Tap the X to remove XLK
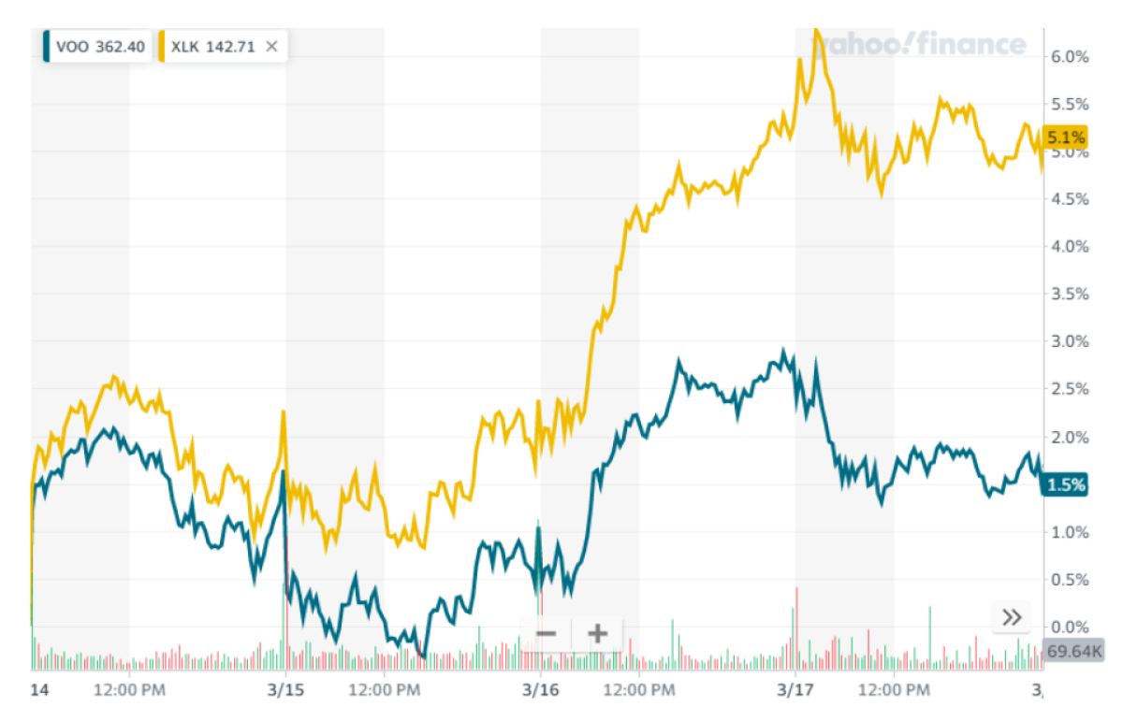coord(271,47)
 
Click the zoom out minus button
coord(547,634)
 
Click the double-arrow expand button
coord(1012,617)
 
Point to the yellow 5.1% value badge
coord(1067,137)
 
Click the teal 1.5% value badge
coord(1067,484)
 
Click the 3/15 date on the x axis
coord(285,691)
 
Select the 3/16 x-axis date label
coord(540,691)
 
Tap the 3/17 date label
coord(795,691)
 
